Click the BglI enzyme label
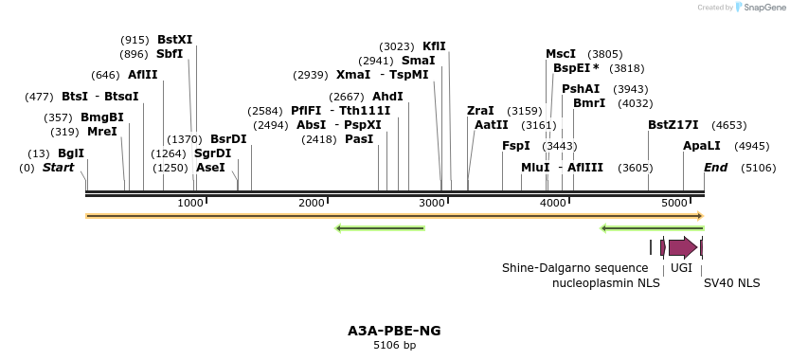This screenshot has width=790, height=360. (x=71, y=153)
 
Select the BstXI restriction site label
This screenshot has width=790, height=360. (x=174, y=40)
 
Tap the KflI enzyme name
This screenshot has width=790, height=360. (x=434, y=45)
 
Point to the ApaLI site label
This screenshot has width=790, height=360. (x=702, y=146)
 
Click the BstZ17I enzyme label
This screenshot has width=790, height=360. (x=673, y=125)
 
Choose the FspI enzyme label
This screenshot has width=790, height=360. (x=516, y=146)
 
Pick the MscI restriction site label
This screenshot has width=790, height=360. (x=561, y=54)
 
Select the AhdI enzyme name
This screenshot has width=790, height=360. (x=387, y=97)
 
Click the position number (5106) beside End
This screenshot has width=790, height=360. (x=759, y=168)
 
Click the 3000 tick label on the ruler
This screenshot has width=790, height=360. (x=433, y=204)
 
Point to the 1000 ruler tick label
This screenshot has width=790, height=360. (x=191, y=204)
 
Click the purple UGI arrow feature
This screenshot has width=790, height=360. (x=682, y=247)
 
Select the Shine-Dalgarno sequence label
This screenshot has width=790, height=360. (x=575, y=268)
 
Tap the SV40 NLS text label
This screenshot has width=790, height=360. (x=731, y=282)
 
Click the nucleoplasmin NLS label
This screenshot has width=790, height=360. (x=606, y=282)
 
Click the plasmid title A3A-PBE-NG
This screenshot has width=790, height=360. (x=394, y=331)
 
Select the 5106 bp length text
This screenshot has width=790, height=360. (x=394, y=346)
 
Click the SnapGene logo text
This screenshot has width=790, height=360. (x=767, y=8)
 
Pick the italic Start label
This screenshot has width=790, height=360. (x=58, y=168)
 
